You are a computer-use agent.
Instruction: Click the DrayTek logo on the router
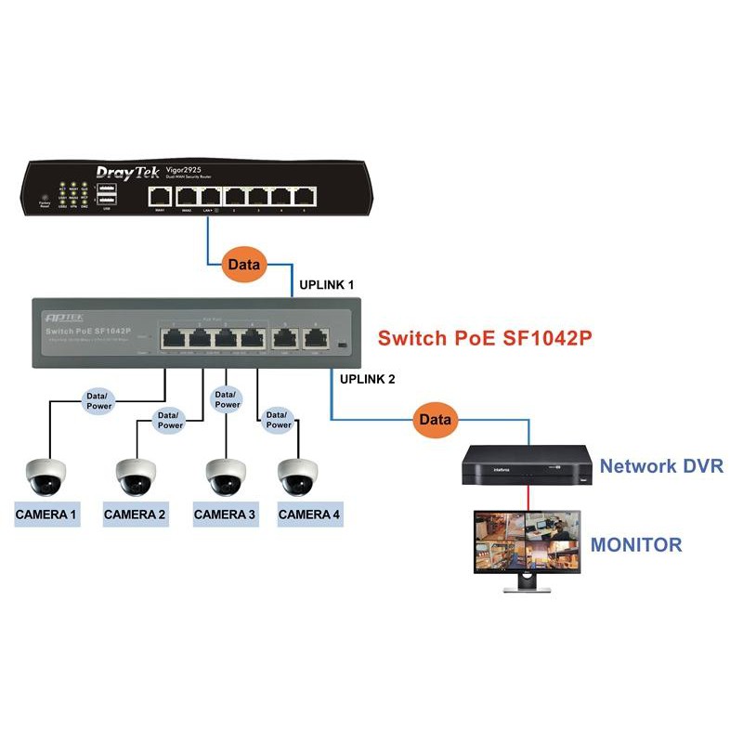[x=129, y=172]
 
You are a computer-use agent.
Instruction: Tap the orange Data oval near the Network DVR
[x=435, y=420]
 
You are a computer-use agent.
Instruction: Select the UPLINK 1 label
[x=325, y=283]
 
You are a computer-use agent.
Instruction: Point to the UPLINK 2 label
[x=368, y=379]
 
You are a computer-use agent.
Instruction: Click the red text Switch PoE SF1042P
[x=484, y=339]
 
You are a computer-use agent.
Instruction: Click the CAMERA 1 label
[x=46, y=514]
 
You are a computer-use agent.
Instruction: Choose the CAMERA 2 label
[x=135, y=514]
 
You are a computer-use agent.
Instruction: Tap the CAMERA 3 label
[x=224, y=514]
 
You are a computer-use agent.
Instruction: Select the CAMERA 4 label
[x=309, y=514]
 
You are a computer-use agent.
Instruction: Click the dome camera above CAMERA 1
[x=46, y=476]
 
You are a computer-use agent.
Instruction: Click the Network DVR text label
[x=661, y=466]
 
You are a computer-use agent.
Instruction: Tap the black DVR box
[x=527, y=463]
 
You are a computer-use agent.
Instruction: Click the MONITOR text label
[x=636, y=545]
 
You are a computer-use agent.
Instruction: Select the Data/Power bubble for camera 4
[x=278, y=419]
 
